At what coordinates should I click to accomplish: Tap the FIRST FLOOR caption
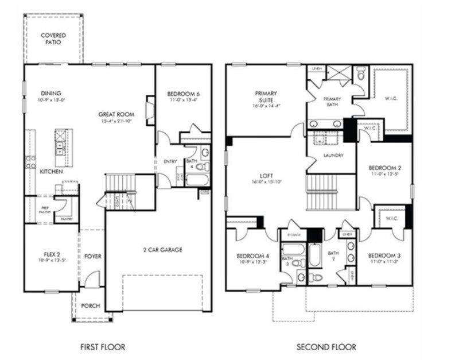click(x=102, y=347)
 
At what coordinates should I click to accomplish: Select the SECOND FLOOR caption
click(x=326, y=347)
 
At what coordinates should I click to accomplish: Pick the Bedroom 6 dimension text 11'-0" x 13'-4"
click(x=183, y=101)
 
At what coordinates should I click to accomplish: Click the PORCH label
click(x=90, y=306)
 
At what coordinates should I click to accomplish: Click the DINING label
click(x=50, y=94)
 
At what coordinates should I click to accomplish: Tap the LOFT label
click(x=265, y=176)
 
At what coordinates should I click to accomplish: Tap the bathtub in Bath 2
click(x=316, y=254)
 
